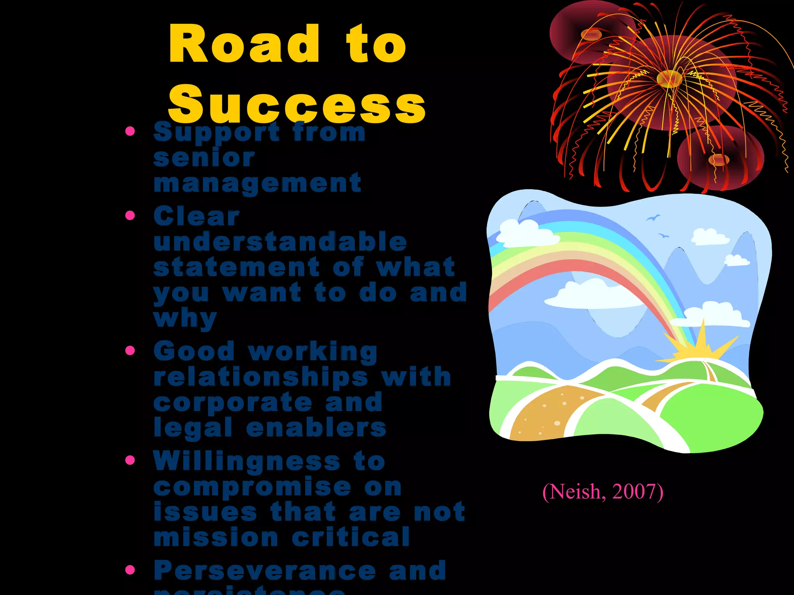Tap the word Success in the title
point(297,104)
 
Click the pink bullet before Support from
point(130,131)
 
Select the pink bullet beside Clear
point(130,215)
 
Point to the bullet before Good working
point(130,351)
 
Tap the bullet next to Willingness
point(130,460)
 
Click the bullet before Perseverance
point(130,570)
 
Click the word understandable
point(280,241)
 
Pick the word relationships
point(261,377)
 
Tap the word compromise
point(252,487)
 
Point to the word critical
point(351,537)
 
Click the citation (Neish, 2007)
point(603,492)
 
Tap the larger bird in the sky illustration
point(653,218)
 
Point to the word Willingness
point(247,461)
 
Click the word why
point(185,318)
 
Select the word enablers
point(316,428)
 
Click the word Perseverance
point(265,571)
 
